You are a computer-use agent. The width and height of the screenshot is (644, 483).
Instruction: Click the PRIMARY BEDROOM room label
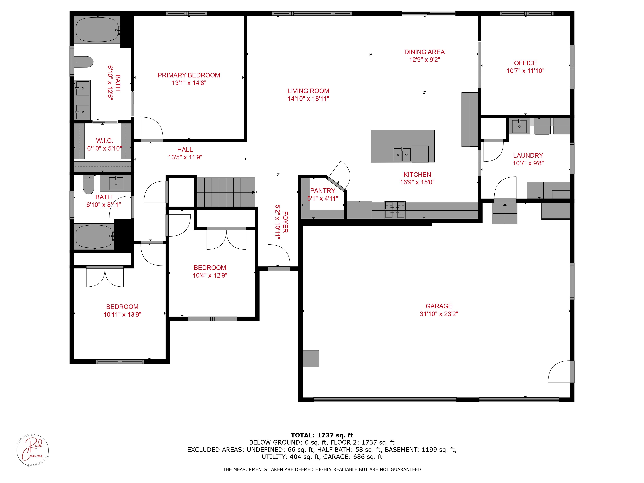point(189,75)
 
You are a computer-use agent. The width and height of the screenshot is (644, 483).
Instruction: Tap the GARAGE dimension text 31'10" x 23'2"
point(439,314)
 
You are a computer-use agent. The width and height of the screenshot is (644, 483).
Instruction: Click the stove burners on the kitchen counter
point(395,210)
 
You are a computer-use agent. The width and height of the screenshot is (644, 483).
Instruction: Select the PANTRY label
point(323,191)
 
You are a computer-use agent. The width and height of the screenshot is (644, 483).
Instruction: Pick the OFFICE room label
point(525,63)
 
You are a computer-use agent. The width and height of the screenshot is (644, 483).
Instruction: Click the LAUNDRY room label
point(528,156)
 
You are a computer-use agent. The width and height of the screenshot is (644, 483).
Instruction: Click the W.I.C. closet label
point(104,141)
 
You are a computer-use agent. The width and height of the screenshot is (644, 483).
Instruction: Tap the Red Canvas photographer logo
point(33,451)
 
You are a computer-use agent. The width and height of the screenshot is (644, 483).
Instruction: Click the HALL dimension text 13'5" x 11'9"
point(185,157)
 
